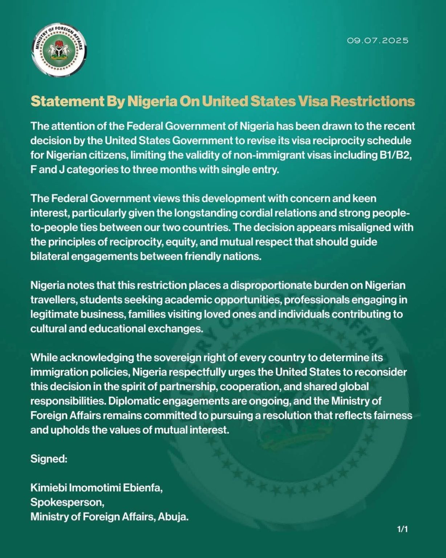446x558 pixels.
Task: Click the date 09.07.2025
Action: tap(378, 40)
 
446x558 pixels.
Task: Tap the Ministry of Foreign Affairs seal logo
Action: tap(59, 50)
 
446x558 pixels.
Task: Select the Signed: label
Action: tap(49, 459)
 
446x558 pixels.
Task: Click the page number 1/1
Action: tap(402, 529)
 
